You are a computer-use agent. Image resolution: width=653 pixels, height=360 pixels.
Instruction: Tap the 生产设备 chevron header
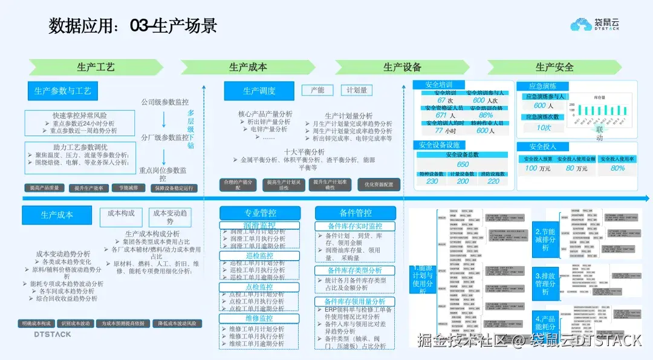coord(402,67)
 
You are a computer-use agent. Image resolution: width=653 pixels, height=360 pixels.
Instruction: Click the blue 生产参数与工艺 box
coord(62,91)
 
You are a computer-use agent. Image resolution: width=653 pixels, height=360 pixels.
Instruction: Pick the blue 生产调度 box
coord(259,91)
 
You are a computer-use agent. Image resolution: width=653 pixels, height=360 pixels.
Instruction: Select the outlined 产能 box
coord(317,90)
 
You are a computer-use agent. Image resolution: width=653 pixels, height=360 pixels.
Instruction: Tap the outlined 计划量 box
coord(356,90)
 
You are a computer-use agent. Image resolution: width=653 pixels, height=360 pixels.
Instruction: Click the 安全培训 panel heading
coord(439,85)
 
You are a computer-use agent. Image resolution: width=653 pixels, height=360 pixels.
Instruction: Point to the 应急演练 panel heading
coord(542,87)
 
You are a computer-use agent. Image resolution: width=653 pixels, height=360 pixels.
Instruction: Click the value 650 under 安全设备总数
coord(463,165)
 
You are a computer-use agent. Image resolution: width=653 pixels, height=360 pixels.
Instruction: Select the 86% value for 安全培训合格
coord(486,115)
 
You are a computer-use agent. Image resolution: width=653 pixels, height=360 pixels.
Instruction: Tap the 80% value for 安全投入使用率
coord(617,168)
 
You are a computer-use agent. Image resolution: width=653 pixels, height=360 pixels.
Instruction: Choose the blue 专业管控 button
coord(260,213)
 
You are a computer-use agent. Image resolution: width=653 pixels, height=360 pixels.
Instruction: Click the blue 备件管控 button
coord(355,213)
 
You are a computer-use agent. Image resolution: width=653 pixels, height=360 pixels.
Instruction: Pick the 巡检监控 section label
coord(259,256)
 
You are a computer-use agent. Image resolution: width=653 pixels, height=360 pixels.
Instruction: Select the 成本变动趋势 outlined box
coord(171,217)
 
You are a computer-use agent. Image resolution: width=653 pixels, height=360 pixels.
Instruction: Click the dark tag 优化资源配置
coord(378,185)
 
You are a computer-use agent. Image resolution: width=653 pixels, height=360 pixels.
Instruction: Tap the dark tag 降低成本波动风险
coord(175,324)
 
